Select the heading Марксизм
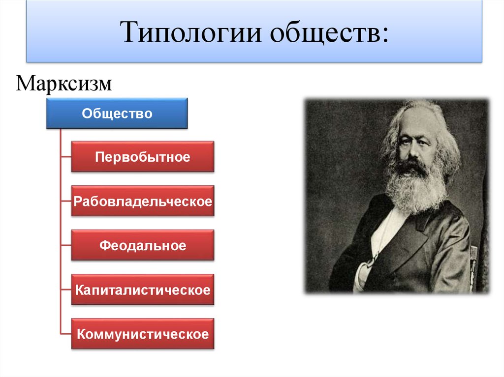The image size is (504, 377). point(64,83)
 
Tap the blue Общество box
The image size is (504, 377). point(117,114)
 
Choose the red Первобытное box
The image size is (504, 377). point(143,157)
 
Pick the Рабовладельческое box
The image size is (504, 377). point(143,201)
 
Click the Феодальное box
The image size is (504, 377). point(143,245)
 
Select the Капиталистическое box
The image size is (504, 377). point(143,290)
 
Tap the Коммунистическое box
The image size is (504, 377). point(143,334)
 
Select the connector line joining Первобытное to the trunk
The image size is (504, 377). point(65,157)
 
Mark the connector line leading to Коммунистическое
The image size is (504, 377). point(65,334)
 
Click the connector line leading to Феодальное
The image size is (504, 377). point(65,245)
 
